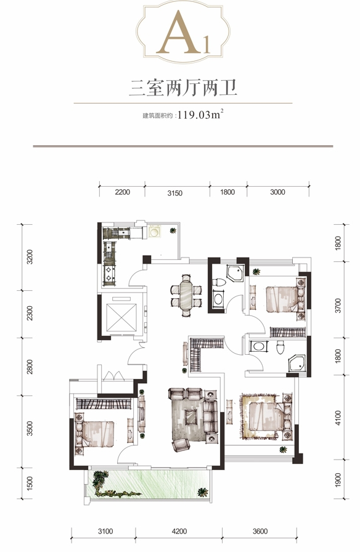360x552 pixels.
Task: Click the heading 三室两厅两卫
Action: (x=183, y=88)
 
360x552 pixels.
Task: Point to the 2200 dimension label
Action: (x=122, y=192)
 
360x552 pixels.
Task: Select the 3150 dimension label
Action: (x=174, y=193)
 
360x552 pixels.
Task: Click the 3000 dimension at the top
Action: (x=277, y=192)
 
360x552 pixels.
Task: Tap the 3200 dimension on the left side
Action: (x=30, y=257)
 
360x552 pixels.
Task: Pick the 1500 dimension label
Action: (x=30, y=484)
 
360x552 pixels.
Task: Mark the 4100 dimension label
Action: (x=338, y=418)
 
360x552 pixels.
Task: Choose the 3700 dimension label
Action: (x=338, y=306)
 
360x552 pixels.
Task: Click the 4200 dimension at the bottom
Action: (x=179, y=531)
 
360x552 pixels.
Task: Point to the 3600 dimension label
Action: (x=260, y=531)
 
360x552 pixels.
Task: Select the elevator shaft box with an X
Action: (x=121, y=317)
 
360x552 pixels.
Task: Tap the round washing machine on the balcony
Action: (x=154, y=232)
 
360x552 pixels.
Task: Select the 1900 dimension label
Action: (x=338, y=479)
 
